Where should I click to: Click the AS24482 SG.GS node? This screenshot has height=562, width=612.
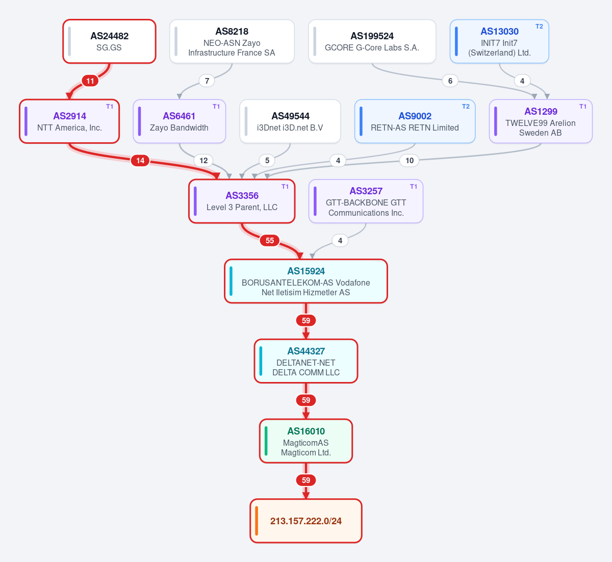109,41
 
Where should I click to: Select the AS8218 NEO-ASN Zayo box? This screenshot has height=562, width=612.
232,41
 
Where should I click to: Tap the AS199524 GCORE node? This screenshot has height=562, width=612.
372,41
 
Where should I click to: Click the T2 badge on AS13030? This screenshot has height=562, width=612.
539,27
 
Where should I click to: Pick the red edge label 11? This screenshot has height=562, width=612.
90,81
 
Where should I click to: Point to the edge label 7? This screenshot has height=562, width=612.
207,81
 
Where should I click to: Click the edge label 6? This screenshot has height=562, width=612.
450,81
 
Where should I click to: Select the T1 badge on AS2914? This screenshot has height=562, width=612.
110,107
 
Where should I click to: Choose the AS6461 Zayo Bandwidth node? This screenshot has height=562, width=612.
180,121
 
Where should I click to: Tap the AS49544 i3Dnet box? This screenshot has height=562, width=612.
290,121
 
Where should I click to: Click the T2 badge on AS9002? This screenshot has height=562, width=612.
466,107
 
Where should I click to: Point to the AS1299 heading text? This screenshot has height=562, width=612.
541,111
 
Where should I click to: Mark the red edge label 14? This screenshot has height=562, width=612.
140,161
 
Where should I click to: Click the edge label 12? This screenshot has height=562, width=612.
203,161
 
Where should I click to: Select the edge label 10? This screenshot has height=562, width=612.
409,161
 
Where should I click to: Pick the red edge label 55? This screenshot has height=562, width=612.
270,240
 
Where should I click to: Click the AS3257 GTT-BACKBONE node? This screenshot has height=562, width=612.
366,201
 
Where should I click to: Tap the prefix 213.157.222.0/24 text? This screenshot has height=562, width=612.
305,521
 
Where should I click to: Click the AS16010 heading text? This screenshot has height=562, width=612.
306,431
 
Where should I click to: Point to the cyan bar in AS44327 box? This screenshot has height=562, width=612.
261,361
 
